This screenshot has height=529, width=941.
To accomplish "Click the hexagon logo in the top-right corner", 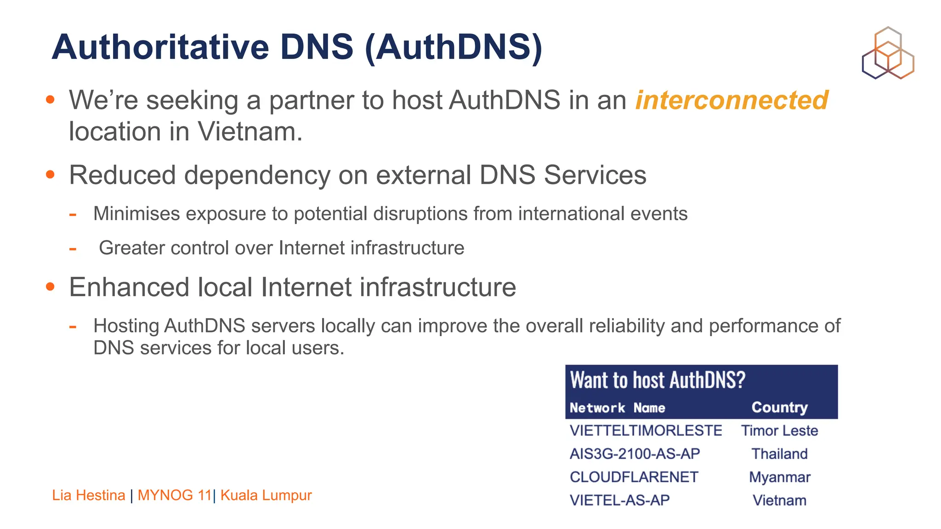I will pos(888,53).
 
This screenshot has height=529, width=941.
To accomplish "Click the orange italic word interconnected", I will pos(731,100).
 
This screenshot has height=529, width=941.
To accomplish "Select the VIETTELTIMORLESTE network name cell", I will pos(646,431).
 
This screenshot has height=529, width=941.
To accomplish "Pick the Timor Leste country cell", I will pos(779,431).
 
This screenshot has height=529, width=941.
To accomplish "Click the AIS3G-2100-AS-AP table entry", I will pos(635,454).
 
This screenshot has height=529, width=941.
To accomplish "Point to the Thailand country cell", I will pos(779,454).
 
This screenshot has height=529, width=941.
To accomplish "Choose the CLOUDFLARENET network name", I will pos(634,477).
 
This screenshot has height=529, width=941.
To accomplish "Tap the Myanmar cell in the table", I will pos(779,477).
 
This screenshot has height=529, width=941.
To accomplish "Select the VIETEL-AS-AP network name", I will pos(619,500).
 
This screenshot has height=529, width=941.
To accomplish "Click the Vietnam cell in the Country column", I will pos(779,500).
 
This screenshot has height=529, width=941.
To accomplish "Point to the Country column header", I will pos(779,407).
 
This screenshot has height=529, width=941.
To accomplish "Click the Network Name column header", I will pos(617,408).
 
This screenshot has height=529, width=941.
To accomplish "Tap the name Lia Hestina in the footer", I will pos(89,495).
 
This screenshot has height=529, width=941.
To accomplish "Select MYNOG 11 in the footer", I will pos(175,495).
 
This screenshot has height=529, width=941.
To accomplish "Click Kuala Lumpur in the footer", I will pos(266,495).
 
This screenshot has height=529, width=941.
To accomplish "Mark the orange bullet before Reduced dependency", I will pos(51,175).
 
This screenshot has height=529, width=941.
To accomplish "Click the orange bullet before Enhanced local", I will pos(51,287).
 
